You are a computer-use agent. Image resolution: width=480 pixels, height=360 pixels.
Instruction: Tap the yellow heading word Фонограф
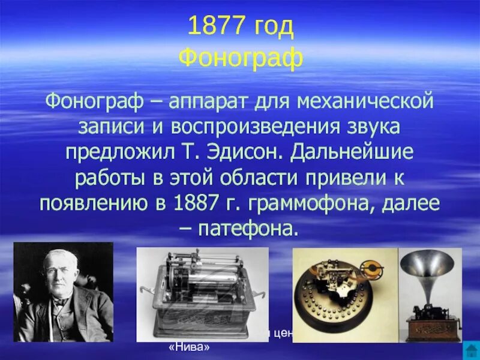tap(241, 58)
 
